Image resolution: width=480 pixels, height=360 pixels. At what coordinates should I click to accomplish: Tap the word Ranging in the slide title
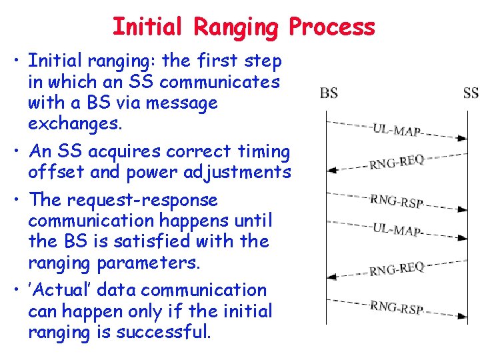click(235, 27)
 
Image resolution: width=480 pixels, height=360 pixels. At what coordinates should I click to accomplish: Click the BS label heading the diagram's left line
click(329, 93)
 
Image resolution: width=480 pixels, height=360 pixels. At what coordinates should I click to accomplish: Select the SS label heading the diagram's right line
click(471, 93)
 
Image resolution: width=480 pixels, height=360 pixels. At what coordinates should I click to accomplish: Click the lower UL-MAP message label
click(397, 231)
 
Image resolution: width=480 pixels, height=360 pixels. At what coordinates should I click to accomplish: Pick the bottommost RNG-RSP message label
click(397, 307)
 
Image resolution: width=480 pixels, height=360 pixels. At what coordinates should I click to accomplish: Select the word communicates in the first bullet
click(220, 82)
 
